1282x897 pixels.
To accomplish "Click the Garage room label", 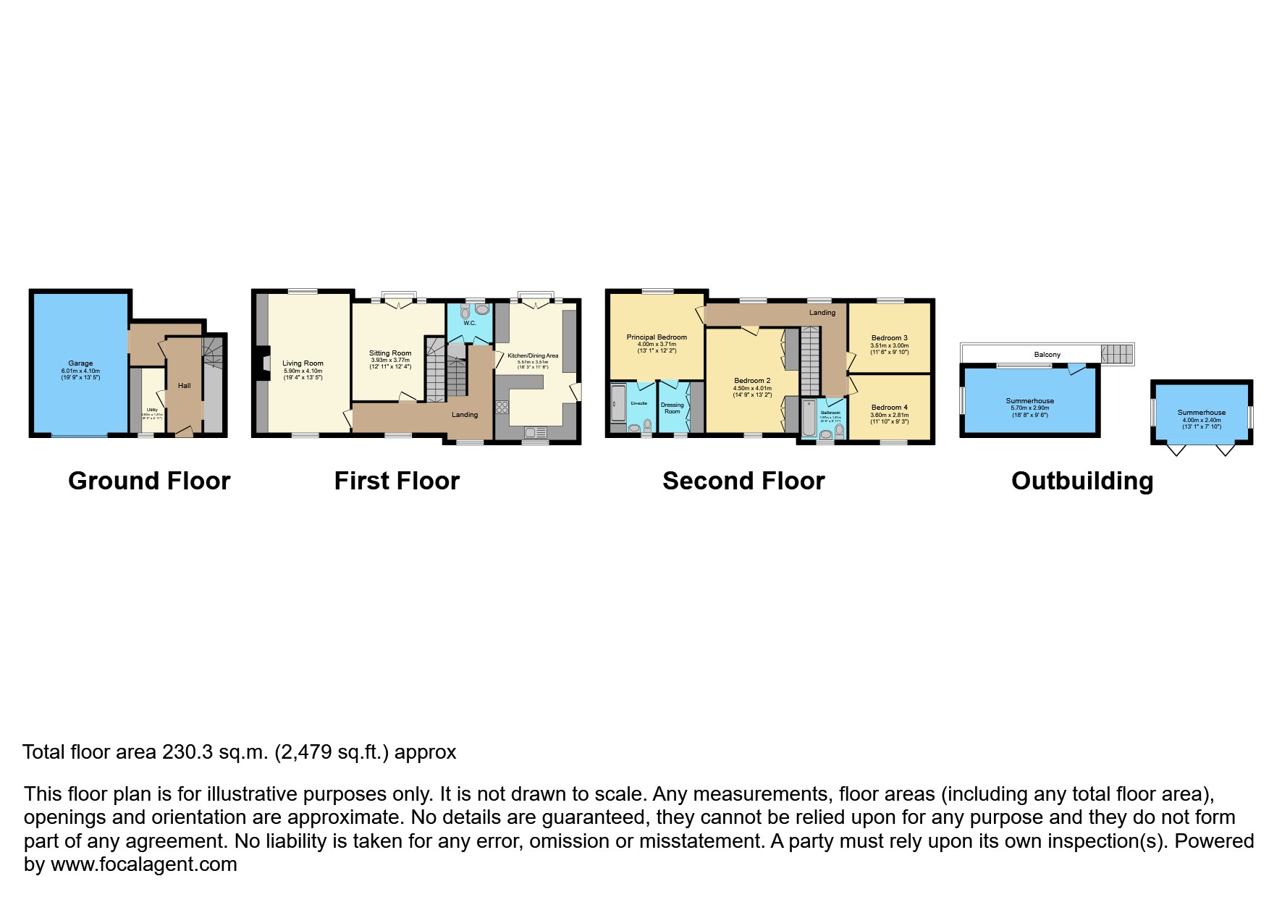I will [80, 363].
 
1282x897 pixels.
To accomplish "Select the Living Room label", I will [303, 363].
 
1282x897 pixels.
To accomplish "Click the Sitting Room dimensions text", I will [390, 363].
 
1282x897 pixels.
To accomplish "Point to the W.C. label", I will [469, 323].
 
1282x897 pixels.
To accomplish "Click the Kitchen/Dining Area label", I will [533, 355].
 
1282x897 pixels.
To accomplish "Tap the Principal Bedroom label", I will [657, 337].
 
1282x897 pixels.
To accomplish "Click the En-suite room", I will [638, 405].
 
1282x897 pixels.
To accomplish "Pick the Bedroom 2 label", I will [752, 380].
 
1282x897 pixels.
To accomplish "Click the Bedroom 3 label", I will [889, 337].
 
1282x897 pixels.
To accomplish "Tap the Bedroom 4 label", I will [889, 407].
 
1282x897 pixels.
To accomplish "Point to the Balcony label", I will [1047, 355].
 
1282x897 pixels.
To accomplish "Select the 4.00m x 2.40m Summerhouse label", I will [1202, 413].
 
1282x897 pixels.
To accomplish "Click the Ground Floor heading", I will [149, 481].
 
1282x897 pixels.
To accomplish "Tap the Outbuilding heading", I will [1081, 481].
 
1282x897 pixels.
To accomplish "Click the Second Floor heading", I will [743, 481].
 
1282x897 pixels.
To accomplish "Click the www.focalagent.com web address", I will [143, 864].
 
